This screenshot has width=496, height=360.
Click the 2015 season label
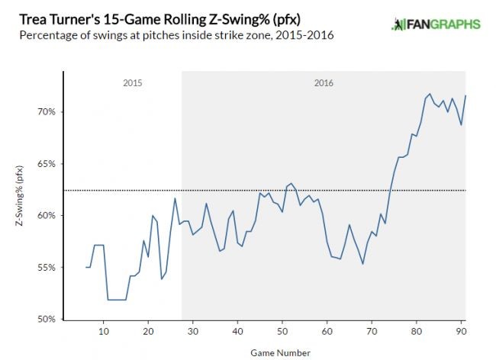click(x=132, y=82)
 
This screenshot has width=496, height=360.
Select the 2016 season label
click(x=324, y=82)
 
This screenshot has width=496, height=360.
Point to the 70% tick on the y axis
click(x=47, y=112)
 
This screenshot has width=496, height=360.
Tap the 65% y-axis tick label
click(x=47, y=164)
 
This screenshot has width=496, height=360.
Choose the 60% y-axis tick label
click(x=47, y=216)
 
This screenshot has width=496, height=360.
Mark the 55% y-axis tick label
click(x=47, y=268)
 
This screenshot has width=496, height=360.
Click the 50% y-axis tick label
click(x=47, y=320)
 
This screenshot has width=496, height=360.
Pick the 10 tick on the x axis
click(x=103, y=331)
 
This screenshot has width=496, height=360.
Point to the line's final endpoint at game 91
click(x=465, y=95)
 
